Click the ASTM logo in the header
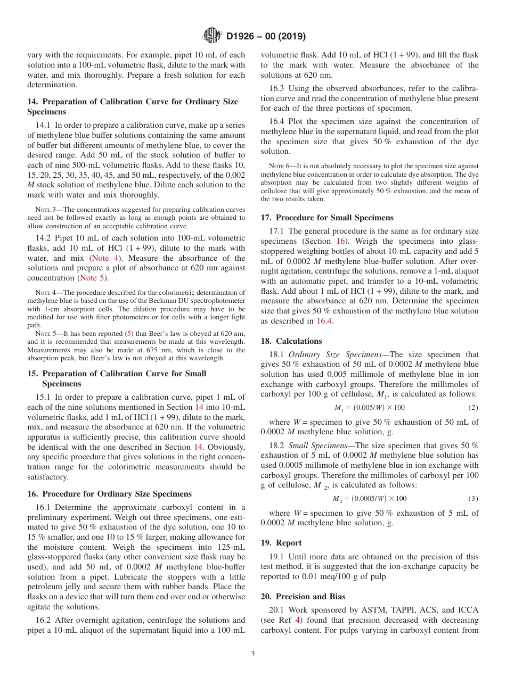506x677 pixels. tap(213, 36)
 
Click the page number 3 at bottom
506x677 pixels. tap(252, 654)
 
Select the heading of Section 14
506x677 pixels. tap(133, 106)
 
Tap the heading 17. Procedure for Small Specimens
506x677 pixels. tap(327, 217)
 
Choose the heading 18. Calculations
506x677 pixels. tap(291, 341)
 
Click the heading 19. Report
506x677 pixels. tap(281, 542)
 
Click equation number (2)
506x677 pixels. tap(473, 408)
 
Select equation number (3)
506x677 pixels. tap(473, 499)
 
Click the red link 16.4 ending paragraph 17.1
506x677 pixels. tap(324, 320)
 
